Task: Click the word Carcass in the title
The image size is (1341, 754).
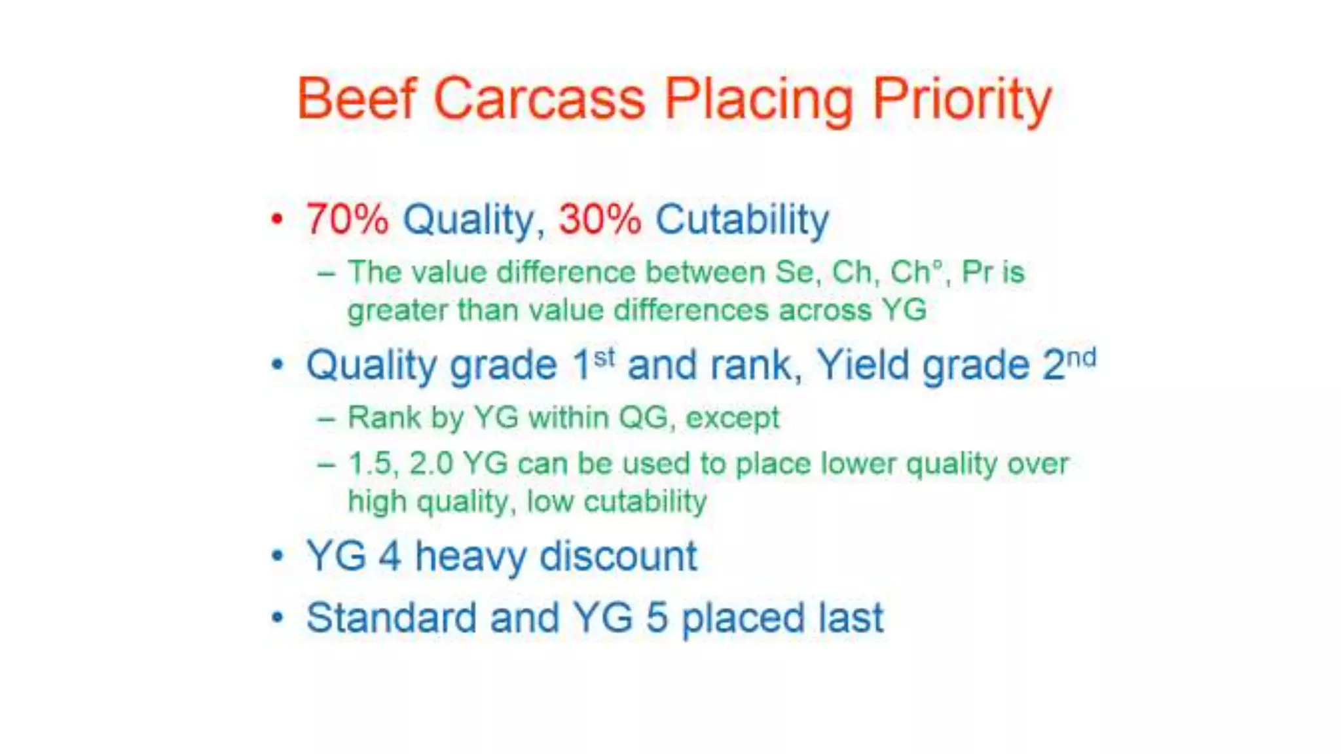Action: click(539, 99)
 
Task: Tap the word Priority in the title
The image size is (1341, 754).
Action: click(962, 99)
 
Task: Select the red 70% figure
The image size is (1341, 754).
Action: click(347, 219)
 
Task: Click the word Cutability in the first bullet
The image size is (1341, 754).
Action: click(742, 219)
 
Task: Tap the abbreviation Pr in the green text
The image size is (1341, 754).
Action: click(976, 272)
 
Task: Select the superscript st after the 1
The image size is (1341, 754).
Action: click(604, 357)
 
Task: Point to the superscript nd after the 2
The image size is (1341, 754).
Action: click(1081, 358)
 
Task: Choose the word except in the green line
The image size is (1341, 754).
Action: click(733, 418)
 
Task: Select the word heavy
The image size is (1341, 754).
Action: click(469, 557)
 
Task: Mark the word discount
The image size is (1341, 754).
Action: click(618, 557)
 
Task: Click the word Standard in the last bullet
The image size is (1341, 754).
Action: click(391, 618)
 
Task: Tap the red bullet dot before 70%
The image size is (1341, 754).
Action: click(277, 219)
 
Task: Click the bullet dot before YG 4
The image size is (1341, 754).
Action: click(278, 556)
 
